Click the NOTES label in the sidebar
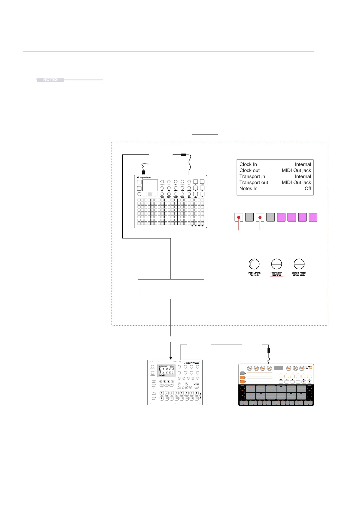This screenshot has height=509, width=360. coord(50,80)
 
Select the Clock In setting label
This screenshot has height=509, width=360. coord(248,164)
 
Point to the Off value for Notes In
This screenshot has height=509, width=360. coord(308,189)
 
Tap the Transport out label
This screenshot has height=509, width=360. coord(254,183)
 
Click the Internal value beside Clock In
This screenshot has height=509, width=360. coord(303,164)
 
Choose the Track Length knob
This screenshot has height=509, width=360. coord(254,264)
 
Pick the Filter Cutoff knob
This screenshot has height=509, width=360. coord(276,264)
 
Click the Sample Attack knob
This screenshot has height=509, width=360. coord(299,264)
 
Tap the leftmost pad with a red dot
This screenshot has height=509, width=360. coord(239,217)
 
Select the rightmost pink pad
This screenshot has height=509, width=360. coord(313,217)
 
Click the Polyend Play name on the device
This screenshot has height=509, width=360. coord(145,178)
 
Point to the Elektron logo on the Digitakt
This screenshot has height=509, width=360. coord(192,363)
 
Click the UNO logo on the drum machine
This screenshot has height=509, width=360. coord(308,368)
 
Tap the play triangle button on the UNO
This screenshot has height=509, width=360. coord(310,382)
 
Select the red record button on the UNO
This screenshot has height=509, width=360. coord(304,382)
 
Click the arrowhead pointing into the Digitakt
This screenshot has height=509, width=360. coord(171,358)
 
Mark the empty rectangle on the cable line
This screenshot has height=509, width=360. coord(171,289)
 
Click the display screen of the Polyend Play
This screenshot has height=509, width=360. coord(150,185)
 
